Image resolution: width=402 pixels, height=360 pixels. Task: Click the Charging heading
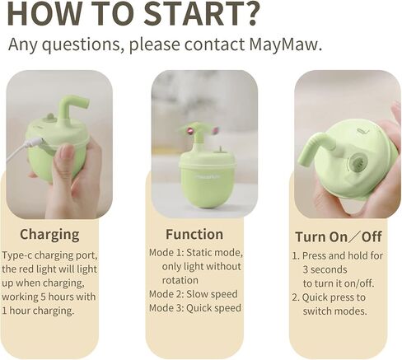(x=49, y=235)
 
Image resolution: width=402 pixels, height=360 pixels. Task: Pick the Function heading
(x=194, y=235)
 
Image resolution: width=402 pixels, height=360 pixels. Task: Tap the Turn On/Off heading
(x=339, y=236)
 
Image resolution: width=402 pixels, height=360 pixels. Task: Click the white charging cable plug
(x=35, y=143)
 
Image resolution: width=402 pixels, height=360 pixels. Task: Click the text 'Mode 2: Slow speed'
(x=194, y=294)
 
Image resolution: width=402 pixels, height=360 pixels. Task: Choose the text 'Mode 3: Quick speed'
(x=195, y=308)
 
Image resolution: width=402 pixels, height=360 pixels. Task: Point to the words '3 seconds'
(x=325, y=269)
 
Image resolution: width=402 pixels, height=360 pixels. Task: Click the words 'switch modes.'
(x=335, y=311)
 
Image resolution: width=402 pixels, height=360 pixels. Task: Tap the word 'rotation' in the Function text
(x=180, y=280)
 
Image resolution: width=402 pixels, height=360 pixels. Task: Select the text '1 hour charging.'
(x=38, y=311)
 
